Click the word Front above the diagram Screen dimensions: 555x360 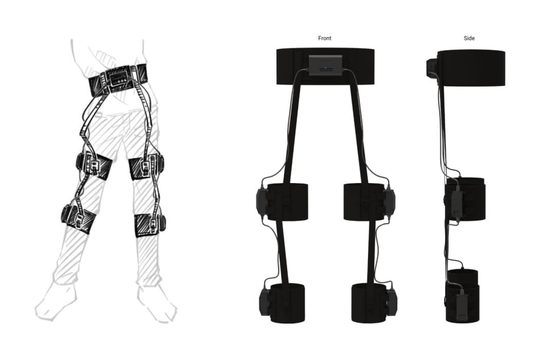click(325, 38)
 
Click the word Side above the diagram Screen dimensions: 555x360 click(469, 38)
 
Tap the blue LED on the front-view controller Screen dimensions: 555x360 click(326, 68)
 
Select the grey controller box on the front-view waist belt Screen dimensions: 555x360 click(326, 65)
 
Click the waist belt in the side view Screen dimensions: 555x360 click(471, 68)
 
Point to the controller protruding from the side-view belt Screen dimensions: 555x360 click(432, 69)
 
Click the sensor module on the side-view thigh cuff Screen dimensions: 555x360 click(457, 203)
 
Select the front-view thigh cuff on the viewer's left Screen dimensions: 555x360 click(287, 202)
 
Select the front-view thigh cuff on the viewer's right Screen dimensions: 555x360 click(364, 202)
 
